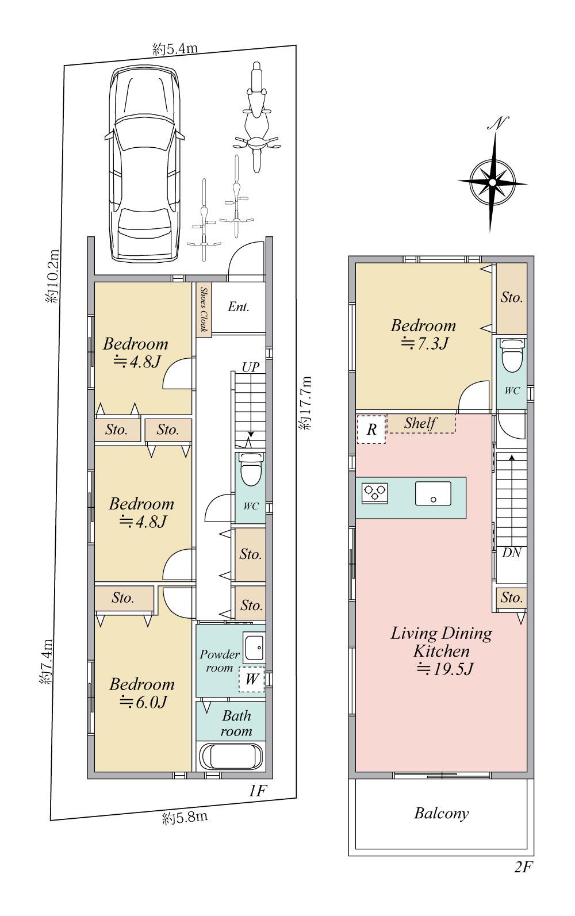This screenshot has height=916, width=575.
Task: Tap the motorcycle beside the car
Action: pos(256,117)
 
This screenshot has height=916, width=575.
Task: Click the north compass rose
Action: pos(493,176)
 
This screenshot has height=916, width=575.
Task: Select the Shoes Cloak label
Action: pos(204,309)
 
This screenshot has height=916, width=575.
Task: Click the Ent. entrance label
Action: pos(239,306)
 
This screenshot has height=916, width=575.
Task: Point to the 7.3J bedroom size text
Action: pos(424,343)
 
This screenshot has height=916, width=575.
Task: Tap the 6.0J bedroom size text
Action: pos(143,702)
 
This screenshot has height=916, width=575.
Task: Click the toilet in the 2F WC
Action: pos(511,355)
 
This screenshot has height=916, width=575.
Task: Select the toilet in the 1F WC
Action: pos(250,469)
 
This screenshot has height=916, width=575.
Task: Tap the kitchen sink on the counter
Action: pos(433,493)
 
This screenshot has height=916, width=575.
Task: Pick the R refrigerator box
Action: pos(371,430)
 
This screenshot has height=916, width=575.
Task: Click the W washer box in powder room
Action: pos(251,679)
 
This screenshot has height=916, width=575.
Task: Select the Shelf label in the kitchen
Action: pos(420,423)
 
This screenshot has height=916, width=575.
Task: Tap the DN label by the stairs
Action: pos(511,553)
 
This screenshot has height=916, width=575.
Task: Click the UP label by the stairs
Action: pos(250,367)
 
